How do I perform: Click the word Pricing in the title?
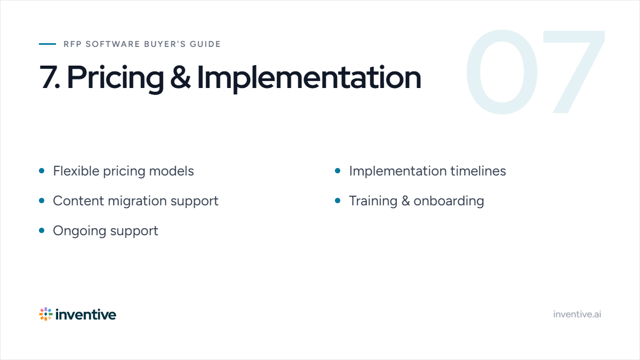(115, 78)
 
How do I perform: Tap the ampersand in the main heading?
(180, 77)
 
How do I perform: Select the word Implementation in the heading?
(309, 78)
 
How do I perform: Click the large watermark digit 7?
(574, 71)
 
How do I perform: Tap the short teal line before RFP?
(47, 44)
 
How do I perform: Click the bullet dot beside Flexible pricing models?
(42, 171)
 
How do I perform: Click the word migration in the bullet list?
(137, 201)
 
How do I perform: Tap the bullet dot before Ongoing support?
(42, 230)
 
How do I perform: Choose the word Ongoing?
(79, 231)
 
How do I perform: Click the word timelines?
(478, 171)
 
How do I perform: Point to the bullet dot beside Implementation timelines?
(338, 171)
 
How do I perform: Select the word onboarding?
(449, 201)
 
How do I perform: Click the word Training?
(373, 201)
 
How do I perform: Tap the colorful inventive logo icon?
(46, 314)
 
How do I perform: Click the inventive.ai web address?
(577, 314)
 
